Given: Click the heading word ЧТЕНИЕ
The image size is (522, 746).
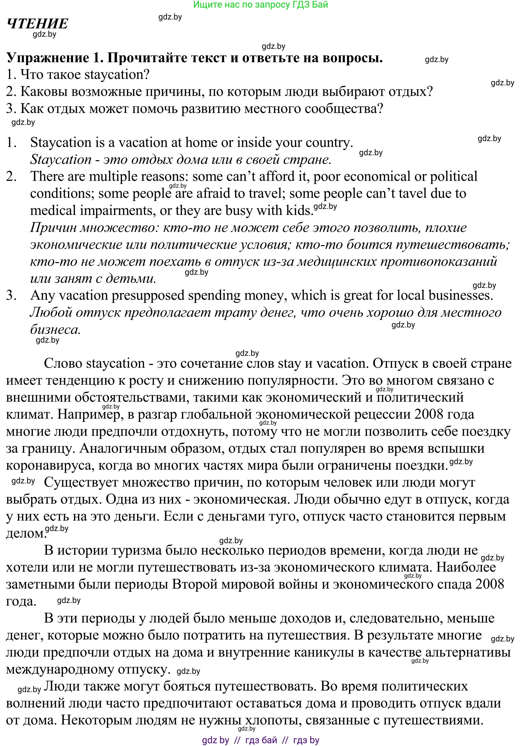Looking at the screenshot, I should (38, 24).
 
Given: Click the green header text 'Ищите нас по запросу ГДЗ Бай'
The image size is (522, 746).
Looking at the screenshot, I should (260, 5).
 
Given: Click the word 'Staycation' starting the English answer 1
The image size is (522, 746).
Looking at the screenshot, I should (61, 143).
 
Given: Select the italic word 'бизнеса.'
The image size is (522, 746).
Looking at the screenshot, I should (55, 329).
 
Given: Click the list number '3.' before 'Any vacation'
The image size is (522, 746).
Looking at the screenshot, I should (11, 295).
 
